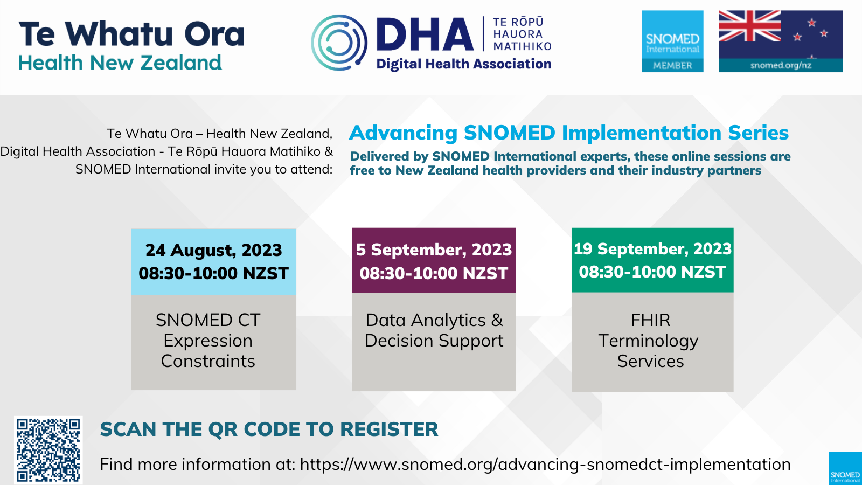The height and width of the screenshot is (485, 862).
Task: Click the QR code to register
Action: coord(48,450)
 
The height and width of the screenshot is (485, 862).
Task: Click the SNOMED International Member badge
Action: coord(672,41)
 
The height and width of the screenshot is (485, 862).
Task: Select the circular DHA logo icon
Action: coord(339,43)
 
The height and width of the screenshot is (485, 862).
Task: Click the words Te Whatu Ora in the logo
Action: coord(131,33)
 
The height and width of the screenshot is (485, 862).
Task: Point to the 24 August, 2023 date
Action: coord(213,250)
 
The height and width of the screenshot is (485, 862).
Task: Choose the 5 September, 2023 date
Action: coord(434,250)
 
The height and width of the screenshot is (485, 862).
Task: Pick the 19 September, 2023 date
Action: coord(652,248)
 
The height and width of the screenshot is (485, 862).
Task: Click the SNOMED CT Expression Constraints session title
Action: coord(208,341)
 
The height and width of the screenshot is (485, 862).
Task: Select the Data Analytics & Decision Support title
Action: coord(434,330)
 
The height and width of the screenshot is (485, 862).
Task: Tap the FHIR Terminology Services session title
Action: coord(650,341)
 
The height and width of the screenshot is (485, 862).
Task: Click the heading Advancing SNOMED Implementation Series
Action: coord(569,133)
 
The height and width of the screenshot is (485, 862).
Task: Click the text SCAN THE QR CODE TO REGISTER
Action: coord(269,429)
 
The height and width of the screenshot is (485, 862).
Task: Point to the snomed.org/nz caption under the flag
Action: coord(781,65)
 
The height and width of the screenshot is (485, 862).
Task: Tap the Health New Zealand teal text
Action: coord(120,63)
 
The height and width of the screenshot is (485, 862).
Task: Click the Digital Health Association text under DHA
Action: coord(464,64)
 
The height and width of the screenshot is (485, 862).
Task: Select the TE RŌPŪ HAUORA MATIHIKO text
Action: coord(522,34)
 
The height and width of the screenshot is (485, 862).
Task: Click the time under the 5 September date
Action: coord(434,273)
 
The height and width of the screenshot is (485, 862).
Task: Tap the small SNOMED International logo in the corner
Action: coord(845,468)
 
